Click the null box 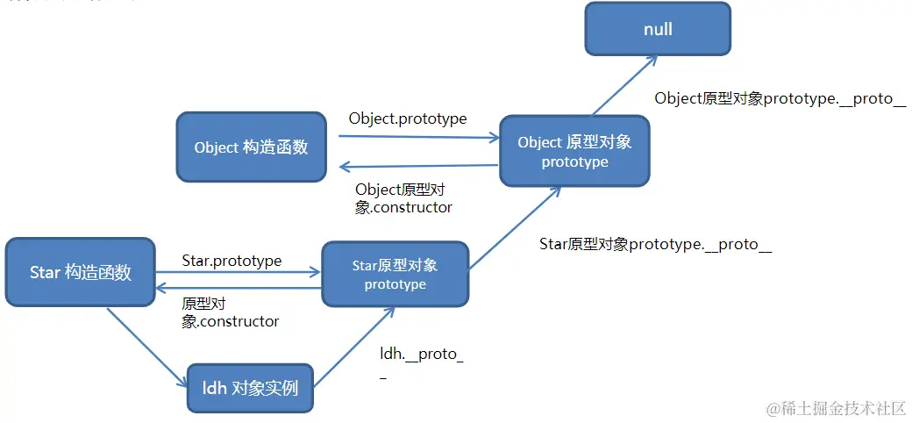click(x=658, y=29)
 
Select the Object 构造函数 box click(x=251, y=147)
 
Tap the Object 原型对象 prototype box click(x=574, y=152)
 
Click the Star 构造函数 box click(x=80, y=272)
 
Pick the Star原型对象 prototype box click(x=395, y=274)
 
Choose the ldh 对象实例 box click(x=250, y=387)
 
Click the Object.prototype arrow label click(x=407, y=118)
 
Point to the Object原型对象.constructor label click(x=403, y=198)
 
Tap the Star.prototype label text click(x=232, y=261)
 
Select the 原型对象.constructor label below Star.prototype click(x=230, y=312)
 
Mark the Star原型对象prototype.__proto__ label click(x=655, y=244)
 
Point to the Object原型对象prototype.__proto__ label click(x=780, y=98)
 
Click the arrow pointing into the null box click(x=624, y=86)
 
